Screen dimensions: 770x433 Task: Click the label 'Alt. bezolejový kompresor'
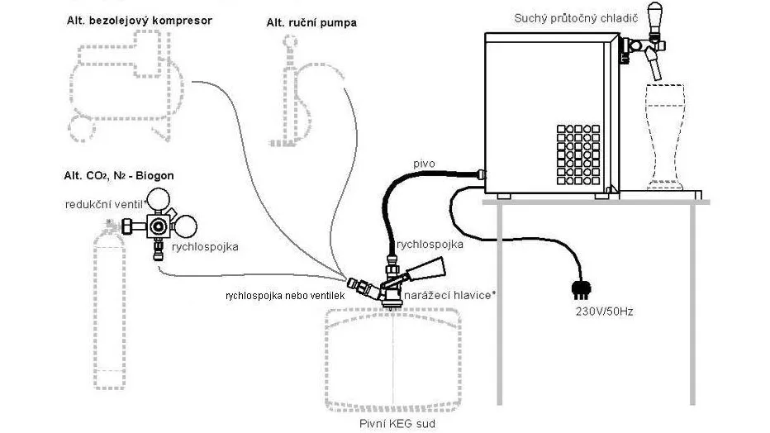[140, 21]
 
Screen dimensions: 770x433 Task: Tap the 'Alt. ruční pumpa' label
[311, 23]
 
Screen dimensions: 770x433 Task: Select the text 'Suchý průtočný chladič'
[576, 19]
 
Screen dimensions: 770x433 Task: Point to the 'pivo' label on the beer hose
[424, 164]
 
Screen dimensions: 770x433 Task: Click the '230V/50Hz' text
[604, 312]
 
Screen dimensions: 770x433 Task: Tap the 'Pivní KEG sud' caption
[397, 424]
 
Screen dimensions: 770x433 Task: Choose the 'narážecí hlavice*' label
[449, 295]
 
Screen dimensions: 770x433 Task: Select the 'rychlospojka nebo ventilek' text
[285, 296]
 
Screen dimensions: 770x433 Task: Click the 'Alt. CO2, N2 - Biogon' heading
[119, 176]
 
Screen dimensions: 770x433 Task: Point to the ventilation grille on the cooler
[578, 155]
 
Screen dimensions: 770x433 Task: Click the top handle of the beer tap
[654, 17]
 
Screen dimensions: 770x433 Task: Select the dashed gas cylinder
[109, 304]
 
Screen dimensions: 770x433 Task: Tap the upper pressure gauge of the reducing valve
[159, 199]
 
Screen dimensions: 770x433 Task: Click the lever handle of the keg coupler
[423, 270]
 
